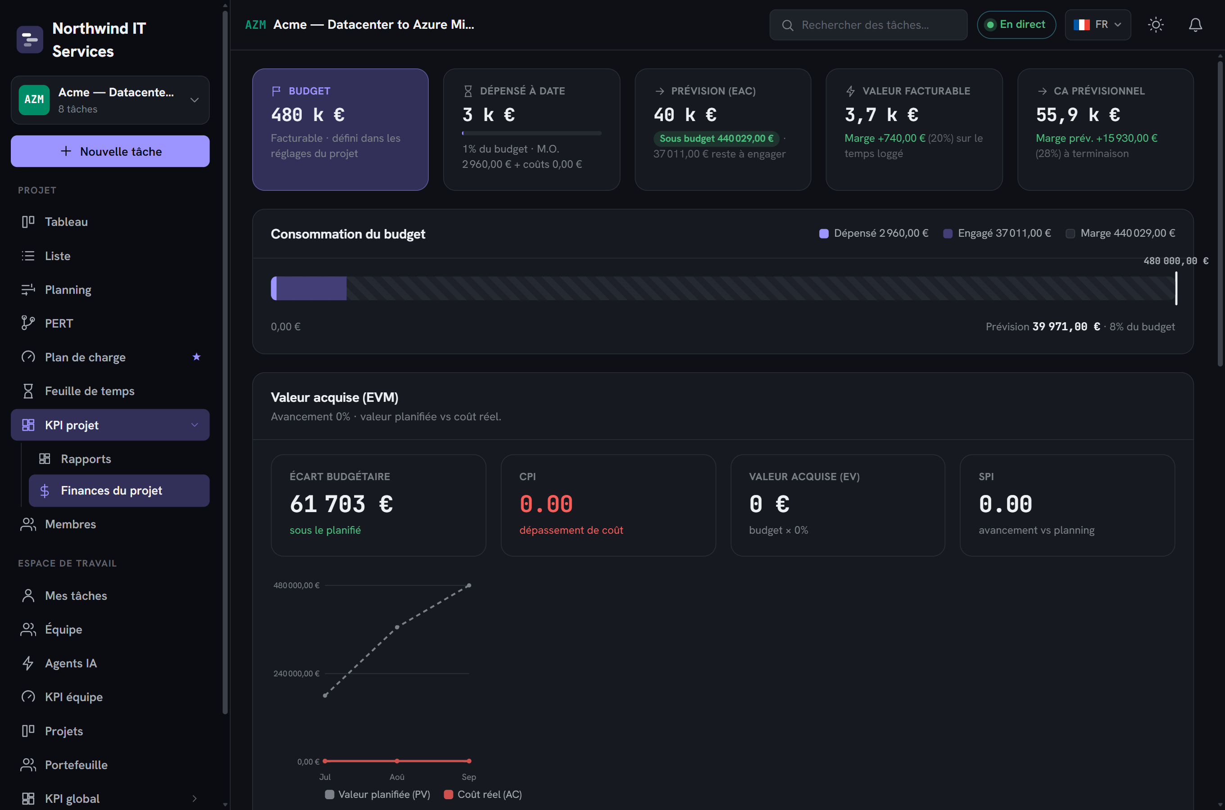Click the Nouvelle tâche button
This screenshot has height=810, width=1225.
coord(110,151)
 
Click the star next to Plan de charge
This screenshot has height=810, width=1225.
coord(196,357)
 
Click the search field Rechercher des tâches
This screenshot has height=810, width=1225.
coord(868,25)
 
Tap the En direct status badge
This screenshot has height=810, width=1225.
coord(1016,25)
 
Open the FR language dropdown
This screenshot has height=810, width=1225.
coord(1098,25)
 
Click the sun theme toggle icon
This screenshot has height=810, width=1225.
coord(1156,25)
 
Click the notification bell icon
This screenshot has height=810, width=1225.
coord(1196,25)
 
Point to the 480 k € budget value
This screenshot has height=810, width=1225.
coord(308,115)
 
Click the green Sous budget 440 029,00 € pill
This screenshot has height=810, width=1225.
coord(717,139)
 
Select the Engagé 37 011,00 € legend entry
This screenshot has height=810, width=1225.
coord(997,234)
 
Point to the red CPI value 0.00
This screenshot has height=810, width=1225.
coord(546,504)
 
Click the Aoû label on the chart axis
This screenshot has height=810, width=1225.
coord(397,777)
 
